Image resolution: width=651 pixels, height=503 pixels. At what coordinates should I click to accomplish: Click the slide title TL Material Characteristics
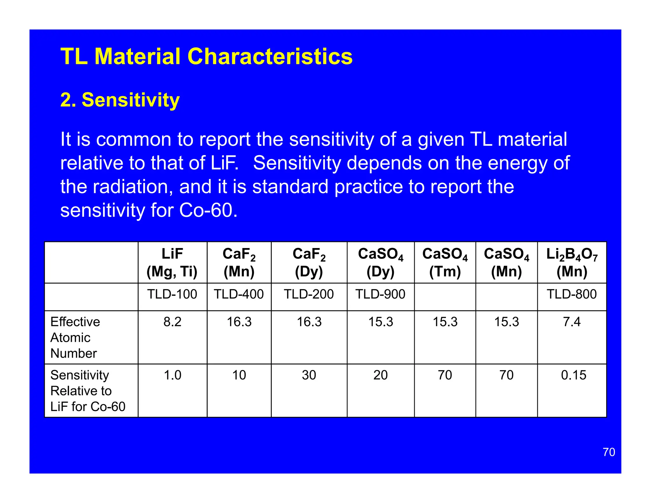click(206, 57)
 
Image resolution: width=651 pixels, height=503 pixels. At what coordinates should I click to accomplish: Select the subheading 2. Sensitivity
click(120, 100)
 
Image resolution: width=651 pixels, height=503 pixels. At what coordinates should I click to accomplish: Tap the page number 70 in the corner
click(609, 452)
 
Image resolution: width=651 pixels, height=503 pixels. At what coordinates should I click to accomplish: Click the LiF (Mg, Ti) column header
click(172, 263)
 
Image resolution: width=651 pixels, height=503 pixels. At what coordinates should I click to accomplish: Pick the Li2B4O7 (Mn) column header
click(572, 263)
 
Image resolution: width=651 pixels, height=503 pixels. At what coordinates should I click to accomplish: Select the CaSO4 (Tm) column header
click(445, 263)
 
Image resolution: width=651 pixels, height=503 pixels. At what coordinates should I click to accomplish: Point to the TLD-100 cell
click(172, 294)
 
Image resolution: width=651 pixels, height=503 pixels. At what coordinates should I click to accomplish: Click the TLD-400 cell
click(239, 294)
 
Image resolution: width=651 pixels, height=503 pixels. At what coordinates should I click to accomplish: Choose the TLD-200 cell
click(309, 294)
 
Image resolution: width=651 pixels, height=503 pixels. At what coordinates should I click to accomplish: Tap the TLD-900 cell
click(380, 294)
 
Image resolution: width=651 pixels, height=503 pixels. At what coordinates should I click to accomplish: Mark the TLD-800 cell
click(572, 294)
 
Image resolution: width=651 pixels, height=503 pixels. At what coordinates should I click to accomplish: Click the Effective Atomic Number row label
click(75, 337)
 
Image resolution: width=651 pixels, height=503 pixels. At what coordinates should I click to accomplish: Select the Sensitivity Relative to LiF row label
click(87, 391)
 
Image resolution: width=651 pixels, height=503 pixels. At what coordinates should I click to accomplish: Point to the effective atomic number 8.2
click(172, 322)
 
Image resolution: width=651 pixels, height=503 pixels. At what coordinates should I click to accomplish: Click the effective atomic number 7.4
click(572, 322)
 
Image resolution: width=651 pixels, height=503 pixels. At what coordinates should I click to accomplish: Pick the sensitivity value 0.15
click(573, 375)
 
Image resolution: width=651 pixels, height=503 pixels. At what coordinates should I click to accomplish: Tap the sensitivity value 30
click(309, 375)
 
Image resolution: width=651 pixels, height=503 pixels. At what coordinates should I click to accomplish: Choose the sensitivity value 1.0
click(172, 375)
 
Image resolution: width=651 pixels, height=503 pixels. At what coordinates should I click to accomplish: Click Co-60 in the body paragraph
click(208, 210)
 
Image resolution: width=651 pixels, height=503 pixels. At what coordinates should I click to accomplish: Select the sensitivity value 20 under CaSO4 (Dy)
click(380, 375)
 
